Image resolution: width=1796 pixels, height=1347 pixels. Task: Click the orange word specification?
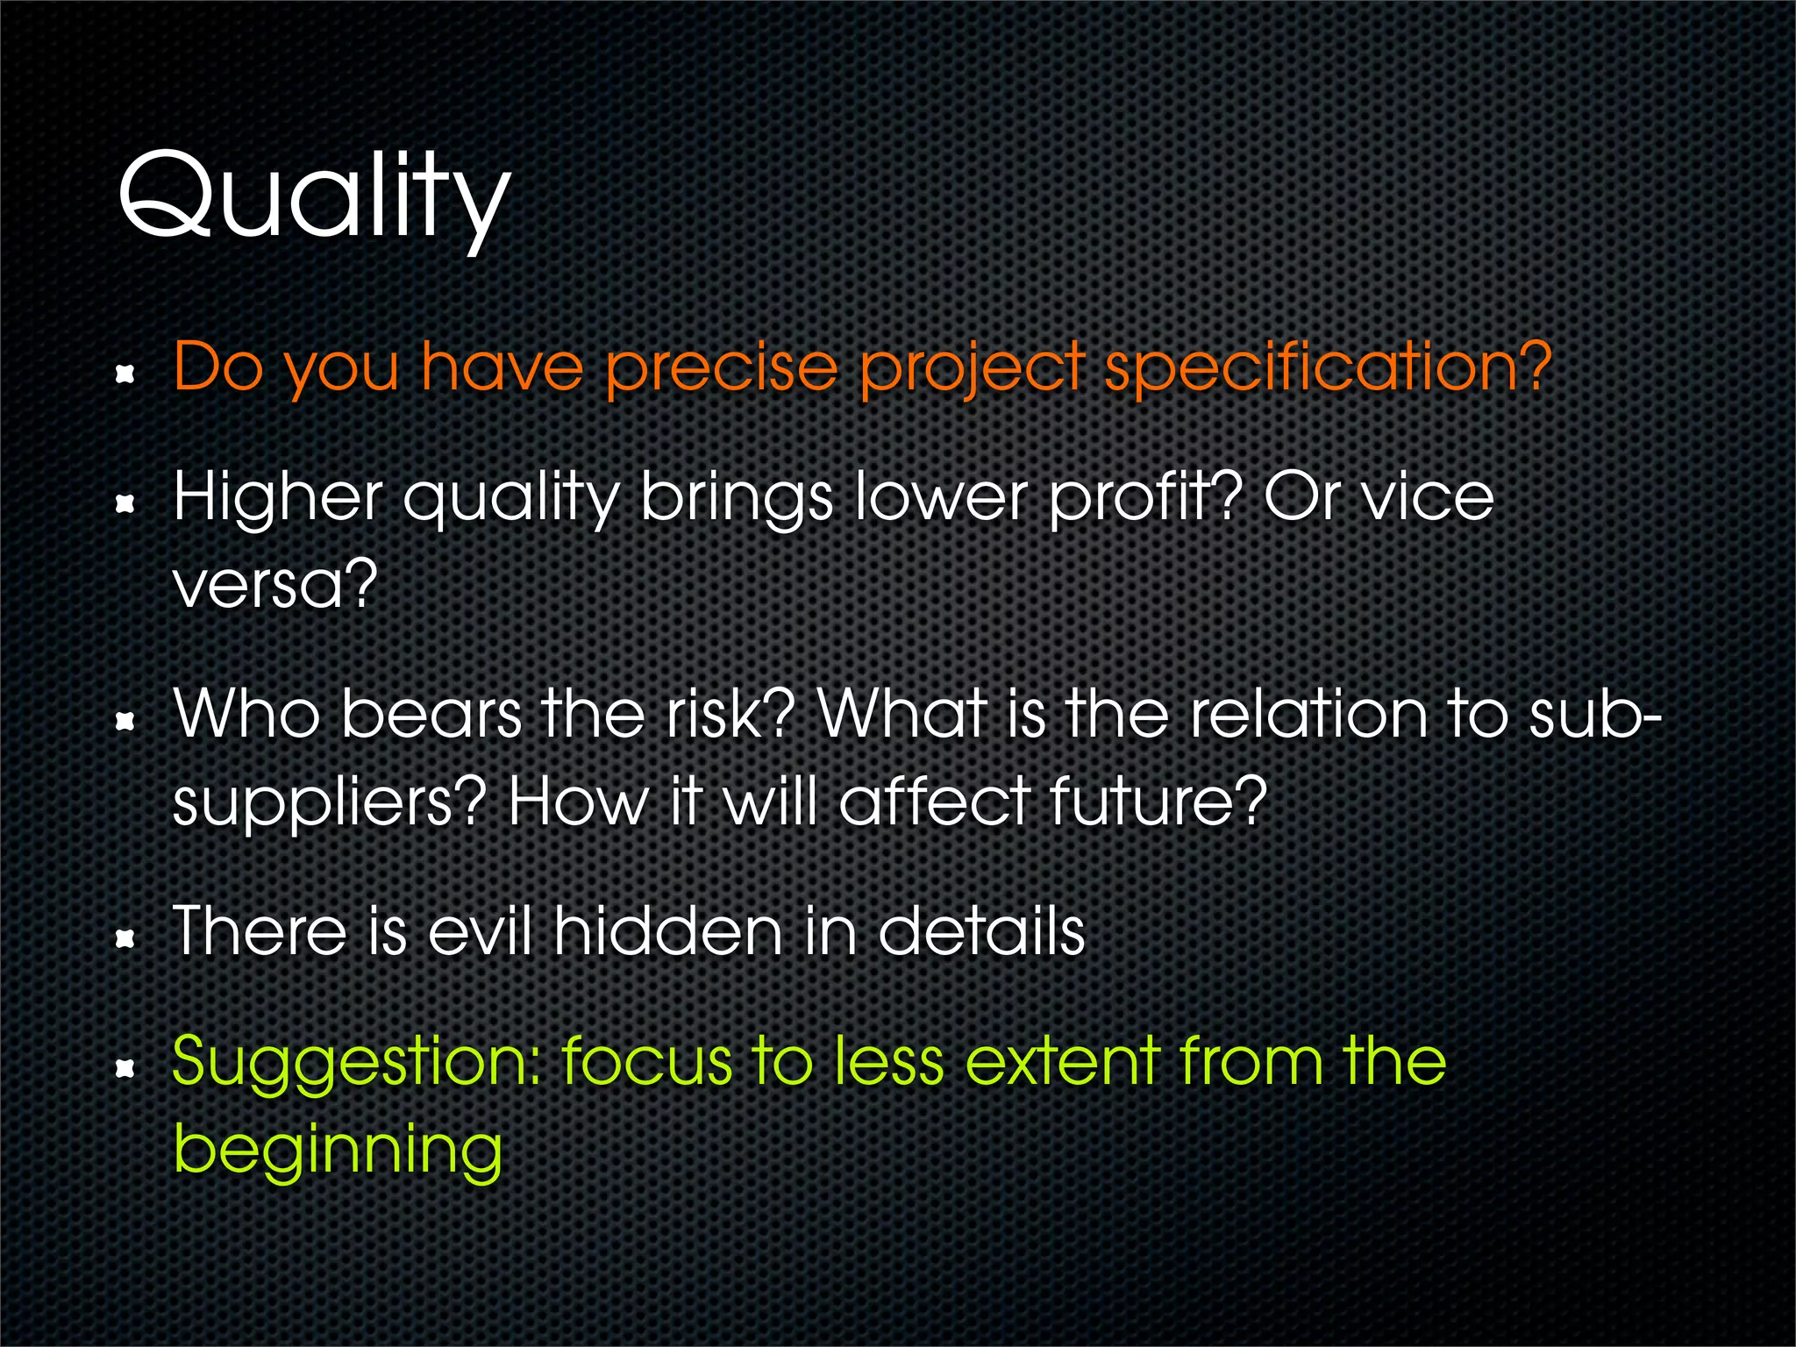click(x=1327, y=368)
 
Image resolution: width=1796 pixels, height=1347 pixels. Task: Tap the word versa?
click(x=274, y=585)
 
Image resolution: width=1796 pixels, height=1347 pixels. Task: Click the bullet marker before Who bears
click(x=126, y=722)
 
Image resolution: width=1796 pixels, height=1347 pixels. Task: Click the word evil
click(x=481, y=931)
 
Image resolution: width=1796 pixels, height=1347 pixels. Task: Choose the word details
click(x=981, y=931)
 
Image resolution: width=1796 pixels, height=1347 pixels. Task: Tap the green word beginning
click(x=338, y=1151)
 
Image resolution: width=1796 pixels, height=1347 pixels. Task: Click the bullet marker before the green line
click(x=126, y=1068)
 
